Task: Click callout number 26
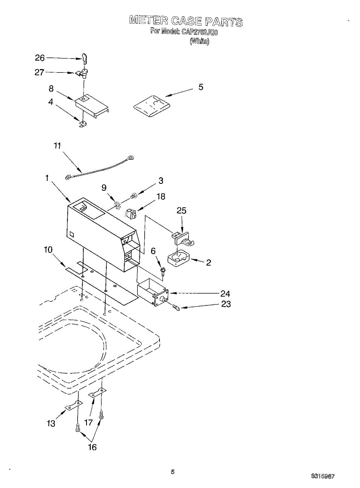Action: (x=40, y=58)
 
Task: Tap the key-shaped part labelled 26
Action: (x=84, y=59)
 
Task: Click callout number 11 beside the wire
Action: (x=58, y=146)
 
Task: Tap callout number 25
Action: (x=182, y=211)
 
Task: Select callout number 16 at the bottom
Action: (x=92, y=447)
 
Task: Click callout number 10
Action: (x=48, y=249)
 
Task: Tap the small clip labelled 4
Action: (x=82, y=124)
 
